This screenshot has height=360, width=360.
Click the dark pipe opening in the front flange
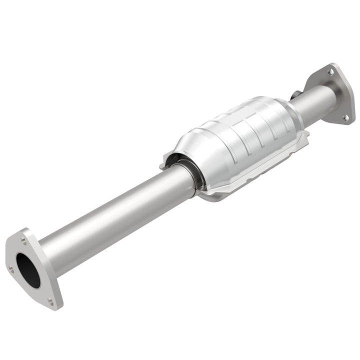[x=28, y=270]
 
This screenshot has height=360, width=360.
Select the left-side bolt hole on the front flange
[x=11, y=269]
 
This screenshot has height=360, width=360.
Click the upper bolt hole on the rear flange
[x=330, y=72]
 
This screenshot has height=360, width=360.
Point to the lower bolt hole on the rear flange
[x=344, y=117]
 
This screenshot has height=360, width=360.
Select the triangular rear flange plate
[x=335, y=95]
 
